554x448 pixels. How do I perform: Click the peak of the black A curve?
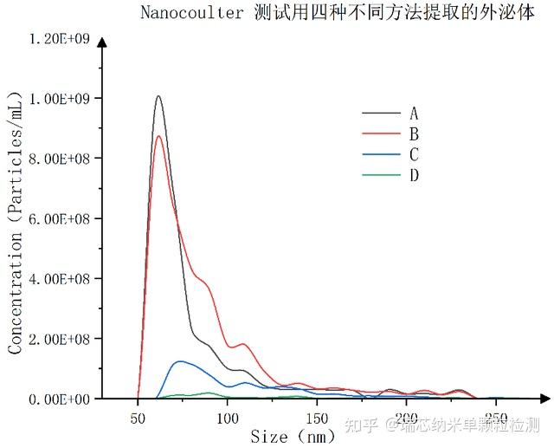(158, 96)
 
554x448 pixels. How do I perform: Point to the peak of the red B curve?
(158, 136)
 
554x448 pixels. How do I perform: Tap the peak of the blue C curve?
(179, 361)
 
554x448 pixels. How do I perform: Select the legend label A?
(414, 114)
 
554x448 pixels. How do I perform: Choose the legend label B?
(414, 134)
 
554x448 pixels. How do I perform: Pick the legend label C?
(414, 155)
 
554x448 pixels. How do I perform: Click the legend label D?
(414, 176)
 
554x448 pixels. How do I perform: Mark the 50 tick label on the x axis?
(138, 419)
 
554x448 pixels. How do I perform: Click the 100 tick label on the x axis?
(227, 419)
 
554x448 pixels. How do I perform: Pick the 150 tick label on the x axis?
(317, 419)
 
